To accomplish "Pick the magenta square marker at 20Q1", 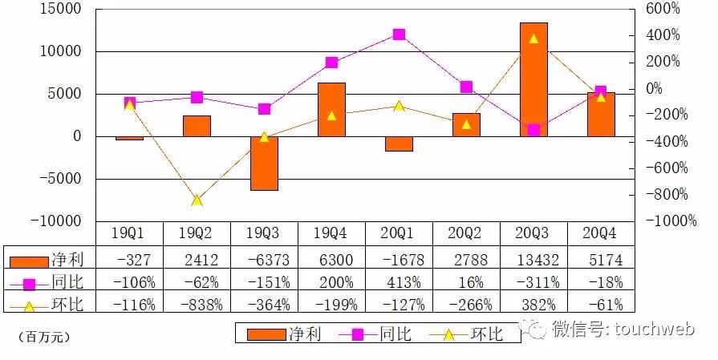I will tap(399, 34).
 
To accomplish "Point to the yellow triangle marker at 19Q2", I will tap(197, 200).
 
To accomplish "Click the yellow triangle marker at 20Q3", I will tap(533, 38).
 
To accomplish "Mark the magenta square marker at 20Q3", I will tap(533, 130).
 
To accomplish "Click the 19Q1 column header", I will tap(129, 233).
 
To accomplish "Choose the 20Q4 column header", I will tap(601, 233).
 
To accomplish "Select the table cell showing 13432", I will tap(533, 260).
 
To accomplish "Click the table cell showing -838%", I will tap(197, 304).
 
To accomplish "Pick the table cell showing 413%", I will tap(399, 282).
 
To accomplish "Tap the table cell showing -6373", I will tap(264, 260).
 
